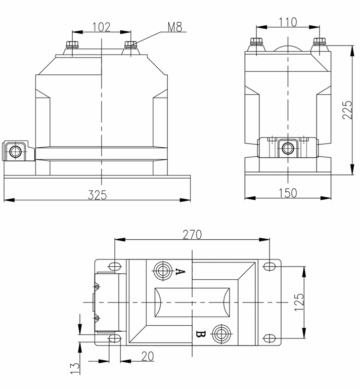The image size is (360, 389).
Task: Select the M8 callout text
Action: (x=174, y=27)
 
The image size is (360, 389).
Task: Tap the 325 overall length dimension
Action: (x=97, y=194)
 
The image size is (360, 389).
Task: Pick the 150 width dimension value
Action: (x=288, y=193)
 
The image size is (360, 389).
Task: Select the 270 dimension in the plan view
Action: (x=192, y=234)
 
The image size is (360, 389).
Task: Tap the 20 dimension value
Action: (x=147, y=356)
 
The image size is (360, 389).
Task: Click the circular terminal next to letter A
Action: (x=163, y=270)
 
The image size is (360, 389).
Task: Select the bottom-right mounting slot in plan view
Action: (x=271, y=338)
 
